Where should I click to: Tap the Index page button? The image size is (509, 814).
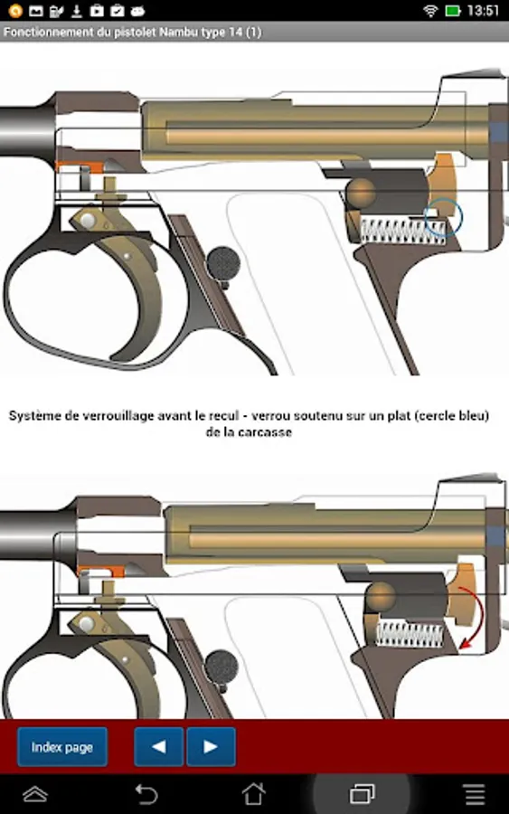[x=62, y=746]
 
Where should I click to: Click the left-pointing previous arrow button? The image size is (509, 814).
[x=159, y=746]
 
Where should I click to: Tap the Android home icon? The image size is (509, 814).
[x=254, y=793]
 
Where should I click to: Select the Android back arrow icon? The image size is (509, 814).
[x=146, y=794]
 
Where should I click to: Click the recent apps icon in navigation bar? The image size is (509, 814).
[x=363, y=794]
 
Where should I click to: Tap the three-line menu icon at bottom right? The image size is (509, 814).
[x=475, y=794]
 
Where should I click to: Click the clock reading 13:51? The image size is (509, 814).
[x=483, y=10]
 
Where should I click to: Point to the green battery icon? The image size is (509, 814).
[x=453, y=10]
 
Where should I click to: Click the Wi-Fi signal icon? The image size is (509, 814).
[x=429, y=10]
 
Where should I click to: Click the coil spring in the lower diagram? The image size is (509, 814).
[x=410, y=633]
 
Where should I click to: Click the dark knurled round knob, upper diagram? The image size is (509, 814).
[x=223, y=262]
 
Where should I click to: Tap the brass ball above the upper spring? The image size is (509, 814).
[x=361, y=194]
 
